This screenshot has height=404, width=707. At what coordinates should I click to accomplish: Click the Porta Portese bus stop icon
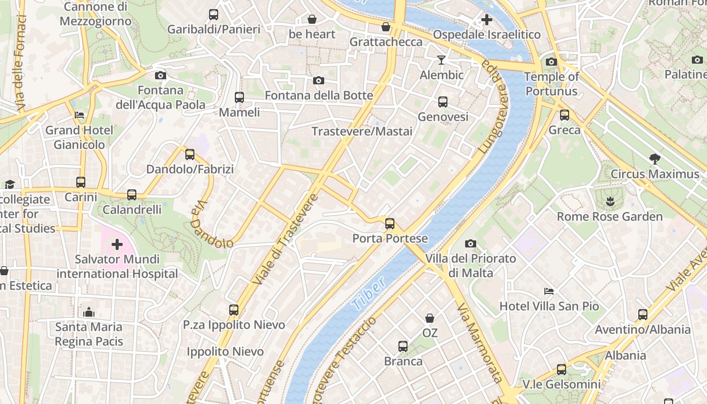[389, 224]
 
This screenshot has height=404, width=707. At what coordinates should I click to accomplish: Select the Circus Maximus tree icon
[655, 160]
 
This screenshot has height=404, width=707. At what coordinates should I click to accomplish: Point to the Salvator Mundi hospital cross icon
[117, 245]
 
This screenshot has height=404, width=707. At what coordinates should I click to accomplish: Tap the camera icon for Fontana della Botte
[319, 81]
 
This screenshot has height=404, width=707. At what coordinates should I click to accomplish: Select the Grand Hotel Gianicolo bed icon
[79, 115]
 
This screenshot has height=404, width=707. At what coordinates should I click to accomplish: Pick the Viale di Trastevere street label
[285, 238]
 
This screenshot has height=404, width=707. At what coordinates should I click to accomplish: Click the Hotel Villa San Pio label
[549, 306]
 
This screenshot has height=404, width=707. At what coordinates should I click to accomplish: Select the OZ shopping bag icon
[430, 318]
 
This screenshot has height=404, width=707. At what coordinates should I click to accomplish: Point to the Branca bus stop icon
[402, 346]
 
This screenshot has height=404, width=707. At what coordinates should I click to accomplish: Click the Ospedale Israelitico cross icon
[486, 20]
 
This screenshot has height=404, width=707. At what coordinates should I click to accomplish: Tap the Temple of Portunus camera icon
[551, 62]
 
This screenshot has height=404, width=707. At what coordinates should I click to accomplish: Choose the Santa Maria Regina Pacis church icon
[89, 312]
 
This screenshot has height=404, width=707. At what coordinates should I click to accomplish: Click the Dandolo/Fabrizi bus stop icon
[190, 155]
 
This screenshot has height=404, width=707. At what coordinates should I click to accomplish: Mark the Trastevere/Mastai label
[362, 131]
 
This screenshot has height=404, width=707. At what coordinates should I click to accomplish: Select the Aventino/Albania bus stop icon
[642, 315]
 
